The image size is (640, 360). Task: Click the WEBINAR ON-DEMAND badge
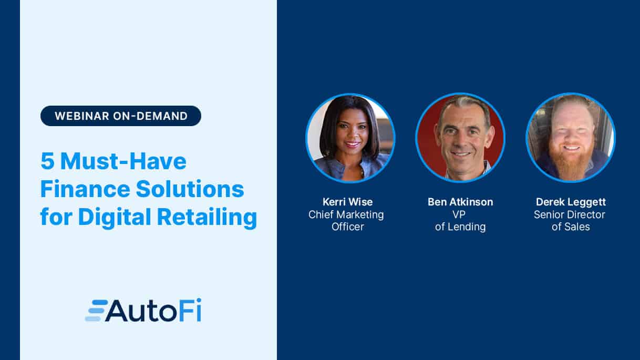click(120, 116)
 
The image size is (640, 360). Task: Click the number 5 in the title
click(47, 161)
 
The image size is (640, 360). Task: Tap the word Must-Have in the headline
click(123, 161)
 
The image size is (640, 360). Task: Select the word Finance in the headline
click(86, 189)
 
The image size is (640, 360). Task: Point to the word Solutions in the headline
click(190, 189)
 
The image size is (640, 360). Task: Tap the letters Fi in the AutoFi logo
click(191, 310)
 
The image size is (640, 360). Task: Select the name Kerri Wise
click(348, 202)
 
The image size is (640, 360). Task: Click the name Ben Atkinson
click(460, 202)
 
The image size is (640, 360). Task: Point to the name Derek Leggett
click(571, 202)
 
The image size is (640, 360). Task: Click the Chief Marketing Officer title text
click(346, 221)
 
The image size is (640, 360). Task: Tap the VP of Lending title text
click(460, 221)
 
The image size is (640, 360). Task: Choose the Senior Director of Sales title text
click(570, 221)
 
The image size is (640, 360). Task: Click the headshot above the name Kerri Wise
click(350, 138)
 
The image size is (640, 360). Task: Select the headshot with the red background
click(460, 138)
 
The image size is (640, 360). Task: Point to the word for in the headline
click(56, 217)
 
